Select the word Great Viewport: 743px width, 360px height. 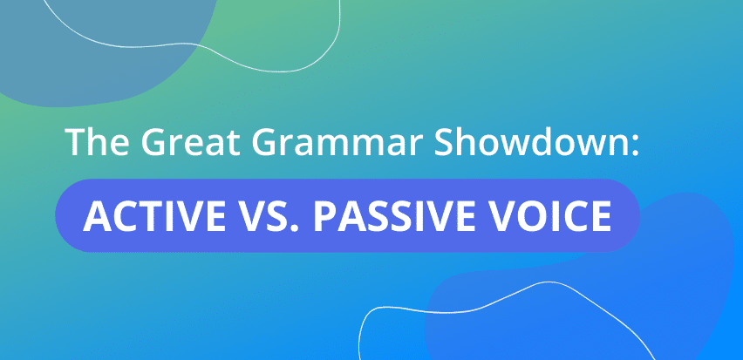(178, 143)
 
